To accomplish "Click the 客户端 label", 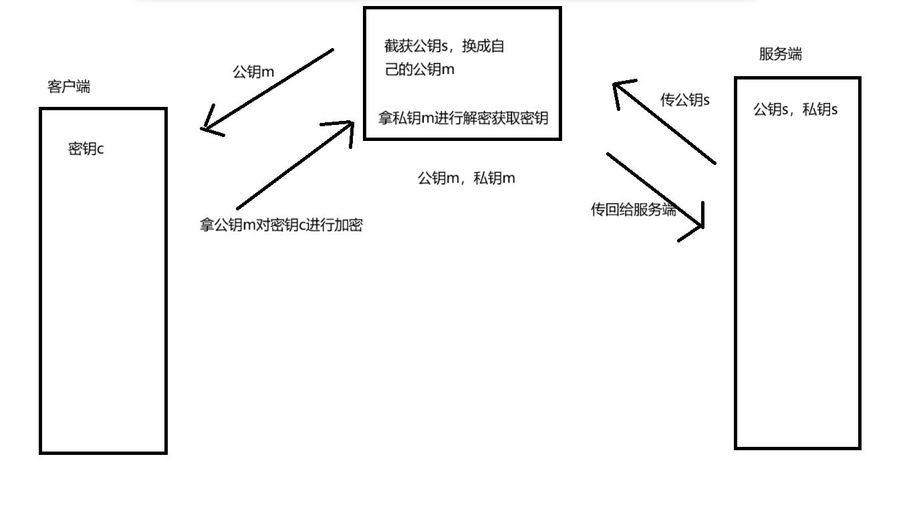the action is pyautogui.click(x=69, y=87).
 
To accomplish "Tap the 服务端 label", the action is pyautogui.click(x=780, y=55).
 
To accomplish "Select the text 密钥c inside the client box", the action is pyautogui.click(x=86, y=149).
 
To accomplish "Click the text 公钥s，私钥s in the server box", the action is pyautogui.click(x=795, y=110).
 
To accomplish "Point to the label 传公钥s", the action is pyautogui.click(x=684, y=100).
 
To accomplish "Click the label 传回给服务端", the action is pyautogui.click(x=633, y=210).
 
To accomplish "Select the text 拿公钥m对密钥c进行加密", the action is pyautogui.click(x=281, y=225).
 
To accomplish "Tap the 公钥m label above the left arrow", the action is pyautogui.click(x=253, y=72).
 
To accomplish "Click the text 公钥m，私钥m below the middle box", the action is pyautogui.click(x=466, y=178).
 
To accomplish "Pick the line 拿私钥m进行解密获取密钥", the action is pyautogui.click(x=463, y=118).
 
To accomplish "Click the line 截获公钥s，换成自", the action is pyautogui.click(x=444, y=47).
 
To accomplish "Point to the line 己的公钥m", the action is pyautogui.click(x=419, y=69).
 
